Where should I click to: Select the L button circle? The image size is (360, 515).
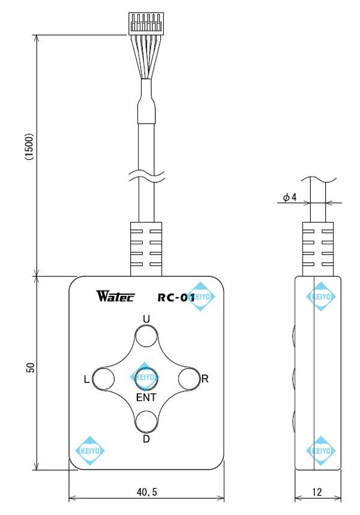[x=104, y=379]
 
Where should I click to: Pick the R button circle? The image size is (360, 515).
[x=188, y=379]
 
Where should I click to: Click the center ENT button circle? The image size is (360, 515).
[x=146, y=378]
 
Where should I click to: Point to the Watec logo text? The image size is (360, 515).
[x=115, y=297]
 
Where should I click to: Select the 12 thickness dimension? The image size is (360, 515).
[x=317, y=492]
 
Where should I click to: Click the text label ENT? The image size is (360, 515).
[x=146, y=397]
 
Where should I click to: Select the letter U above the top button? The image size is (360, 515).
[x=145, y=318]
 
